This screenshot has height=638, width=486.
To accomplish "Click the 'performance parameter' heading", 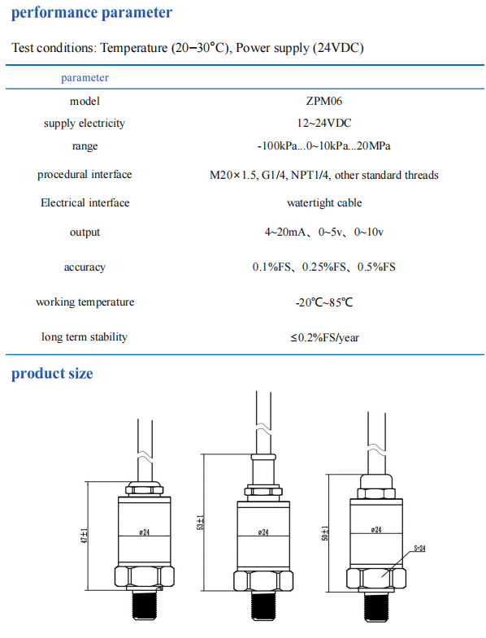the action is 92,13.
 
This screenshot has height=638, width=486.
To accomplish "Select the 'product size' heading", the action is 52,374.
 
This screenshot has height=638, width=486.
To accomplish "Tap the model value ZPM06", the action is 324,101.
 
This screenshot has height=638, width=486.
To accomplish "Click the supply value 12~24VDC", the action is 324,123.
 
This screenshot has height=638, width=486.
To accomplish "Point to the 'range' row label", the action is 85,146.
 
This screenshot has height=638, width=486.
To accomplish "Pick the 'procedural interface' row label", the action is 85,175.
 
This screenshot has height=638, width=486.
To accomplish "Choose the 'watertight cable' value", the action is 324,202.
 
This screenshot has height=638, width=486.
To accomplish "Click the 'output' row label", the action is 85,232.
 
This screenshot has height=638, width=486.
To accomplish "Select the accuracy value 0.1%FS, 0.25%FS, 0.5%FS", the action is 324,267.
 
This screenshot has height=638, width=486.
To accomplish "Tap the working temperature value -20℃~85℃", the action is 324,302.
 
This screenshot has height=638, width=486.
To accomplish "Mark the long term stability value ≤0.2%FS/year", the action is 324,337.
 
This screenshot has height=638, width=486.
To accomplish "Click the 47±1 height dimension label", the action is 85,536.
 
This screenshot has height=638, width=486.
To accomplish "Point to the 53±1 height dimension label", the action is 200,523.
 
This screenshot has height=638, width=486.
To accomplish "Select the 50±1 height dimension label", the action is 325,533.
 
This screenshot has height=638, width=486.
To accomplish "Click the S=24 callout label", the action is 419,549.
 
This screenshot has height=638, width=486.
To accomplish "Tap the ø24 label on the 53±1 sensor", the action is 263,532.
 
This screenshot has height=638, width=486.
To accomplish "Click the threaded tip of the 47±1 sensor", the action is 144,605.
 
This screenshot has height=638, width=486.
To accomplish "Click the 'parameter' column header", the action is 85,78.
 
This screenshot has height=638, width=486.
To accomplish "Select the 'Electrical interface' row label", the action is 85,202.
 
